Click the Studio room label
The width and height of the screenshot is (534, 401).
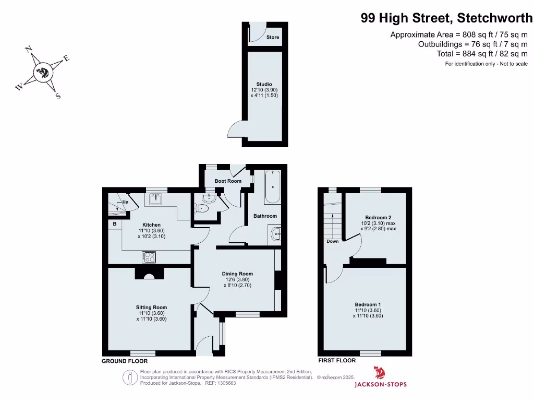264,84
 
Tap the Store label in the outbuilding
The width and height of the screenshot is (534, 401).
273,38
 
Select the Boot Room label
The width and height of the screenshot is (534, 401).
228,181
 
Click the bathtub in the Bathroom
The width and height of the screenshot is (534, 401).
273,187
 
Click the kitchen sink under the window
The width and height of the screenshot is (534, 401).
156,198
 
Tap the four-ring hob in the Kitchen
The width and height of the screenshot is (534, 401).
149,257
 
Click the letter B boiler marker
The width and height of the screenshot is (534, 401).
115,224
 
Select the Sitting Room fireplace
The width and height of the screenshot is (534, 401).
149,275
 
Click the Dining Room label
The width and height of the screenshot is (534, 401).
237,274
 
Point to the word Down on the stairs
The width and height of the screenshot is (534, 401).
332,241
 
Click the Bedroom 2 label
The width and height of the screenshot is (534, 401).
378,218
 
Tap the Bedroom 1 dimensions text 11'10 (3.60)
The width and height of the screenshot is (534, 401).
368,310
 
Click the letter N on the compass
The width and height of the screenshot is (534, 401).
29,50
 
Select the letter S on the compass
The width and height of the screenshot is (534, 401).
58,96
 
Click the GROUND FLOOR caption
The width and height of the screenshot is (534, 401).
125,361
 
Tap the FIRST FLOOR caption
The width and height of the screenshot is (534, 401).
337,360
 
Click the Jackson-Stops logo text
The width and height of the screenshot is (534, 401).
380,385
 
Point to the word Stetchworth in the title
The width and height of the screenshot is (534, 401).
495,18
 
